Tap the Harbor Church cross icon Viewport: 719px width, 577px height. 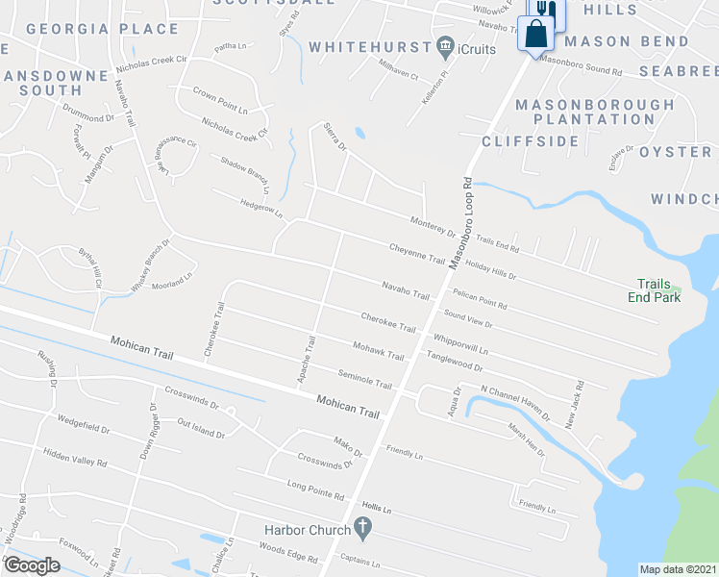click(361, 527)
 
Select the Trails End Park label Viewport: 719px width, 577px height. click(658, 290)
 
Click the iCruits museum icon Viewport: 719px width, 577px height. click(445, 46)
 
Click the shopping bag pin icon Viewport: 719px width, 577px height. click(534, 35)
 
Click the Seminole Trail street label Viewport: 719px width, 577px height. click(365, 379)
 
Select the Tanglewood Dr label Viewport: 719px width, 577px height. click(455, 360)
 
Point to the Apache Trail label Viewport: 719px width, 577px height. click(307, 359)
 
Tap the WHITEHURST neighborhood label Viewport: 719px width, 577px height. click(369, 46)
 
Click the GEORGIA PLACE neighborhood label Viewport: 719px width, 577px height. click(96, 29)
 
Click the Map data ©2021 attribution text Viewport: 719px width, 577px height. click(678, 569)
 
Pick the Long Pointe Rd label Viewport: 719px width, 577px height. click(315, 489)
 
